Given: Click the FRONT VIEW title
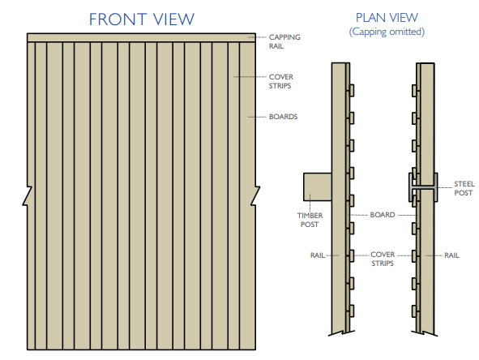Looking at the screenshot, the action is (142, 19).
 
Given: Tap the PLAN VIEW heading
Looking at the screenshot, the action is (387, 18).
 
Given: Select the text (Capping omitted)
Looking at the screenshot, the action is (387, 32).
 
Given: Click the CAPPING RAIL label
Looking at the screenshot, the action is (284, 41).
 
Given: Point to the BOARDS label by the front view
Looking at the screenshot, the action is (283, 117).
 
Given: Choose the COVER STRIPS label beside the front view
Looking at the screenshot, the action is (281, 81).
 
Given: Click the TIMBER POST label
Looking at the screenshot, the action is (310, 220).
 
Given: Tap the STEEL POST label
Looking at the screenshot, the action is (464, 188).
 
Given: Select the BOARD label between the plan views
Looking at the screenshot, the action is (383, 215).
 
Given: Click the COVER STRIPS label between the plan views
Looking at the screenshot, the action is (383, 259).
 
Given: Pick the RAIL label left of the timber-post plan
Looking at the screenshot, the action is (318, 255).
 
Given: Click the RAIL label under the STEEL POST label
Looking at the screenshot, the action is (451, 255).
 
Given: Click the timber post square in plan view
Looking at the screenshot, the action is (318, 186).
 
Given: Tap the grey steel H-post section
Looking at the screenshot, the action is (423, 187).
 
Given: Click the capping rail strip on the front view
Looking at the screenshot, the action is (142, 37).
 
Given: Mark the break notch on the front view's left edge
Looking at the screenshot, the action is (28, 195).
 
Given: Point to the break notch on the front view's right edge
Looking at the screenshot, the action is (255, 195).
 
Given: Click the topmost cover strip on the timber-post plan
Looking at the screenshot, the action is (352, 91).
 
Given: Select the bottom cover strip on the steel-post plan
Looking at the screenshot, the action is (414, 311).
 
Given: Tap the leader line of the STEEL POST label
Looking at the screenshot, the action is (445, 187).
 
